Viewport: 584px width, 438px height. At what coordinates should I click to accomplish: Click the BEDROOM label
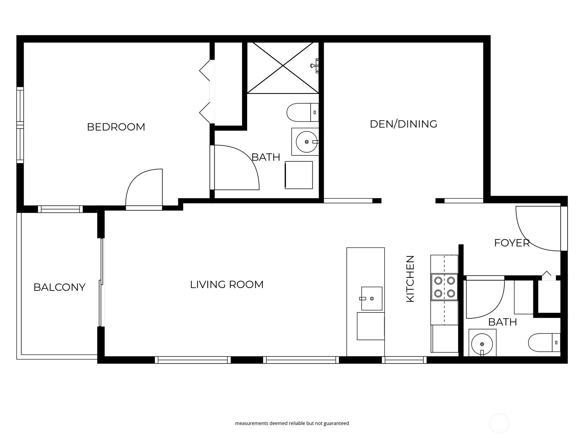pos(116,127)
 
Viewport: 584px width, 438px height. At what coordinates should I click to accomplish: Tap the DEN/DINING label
pos(403,124)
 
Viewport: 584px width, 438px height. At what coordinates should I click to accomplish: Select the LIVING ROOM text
pos(227,284)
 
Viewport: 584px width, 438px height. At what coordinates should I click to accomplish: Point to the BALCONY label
pos(59,287)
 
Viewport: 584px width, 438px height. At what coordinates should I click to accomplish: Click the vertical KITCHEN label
pos(410,279)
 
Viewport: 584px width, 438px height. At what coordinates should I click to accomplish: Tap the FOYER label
pos(512,243)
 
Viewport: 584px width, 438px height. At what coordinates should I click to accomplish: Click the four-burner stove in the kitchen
pos(445,287)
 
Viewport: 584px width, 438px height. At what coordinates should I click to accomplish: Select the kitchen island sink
pos(372,299)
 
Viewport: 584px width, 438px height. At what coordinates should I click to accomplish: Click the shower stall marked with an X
pos(283,68)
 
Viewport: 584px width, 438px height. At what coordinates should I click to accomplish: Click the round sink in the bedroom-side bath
pos(307,142)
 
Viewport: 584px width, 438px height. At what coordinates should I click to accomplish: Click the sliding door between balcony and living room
pos(101,283)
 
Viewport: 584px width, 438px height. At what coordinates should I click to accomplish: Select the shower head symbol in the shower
pos(315,66)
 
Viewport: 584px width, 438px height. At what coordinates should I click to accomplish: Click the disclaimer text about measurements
pos(292,423)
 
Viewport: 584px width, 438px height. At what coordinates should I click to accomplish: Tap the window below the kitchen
pos(404,360)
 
